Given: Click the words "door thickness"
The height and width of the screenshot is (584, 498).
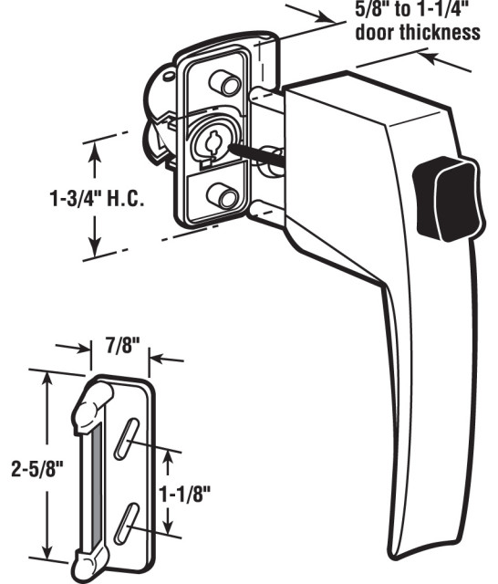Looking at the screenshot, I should point(418,32).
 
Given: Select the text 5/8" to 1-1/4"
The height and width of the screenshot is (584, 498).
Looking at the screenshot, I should point(414,11).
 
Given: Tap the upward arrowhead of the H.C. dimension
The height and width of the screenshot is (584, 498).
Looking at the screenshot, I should point(93,149).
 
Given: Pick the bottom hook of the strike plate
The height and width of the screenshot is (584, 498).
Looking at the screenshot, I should point(91,558).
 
